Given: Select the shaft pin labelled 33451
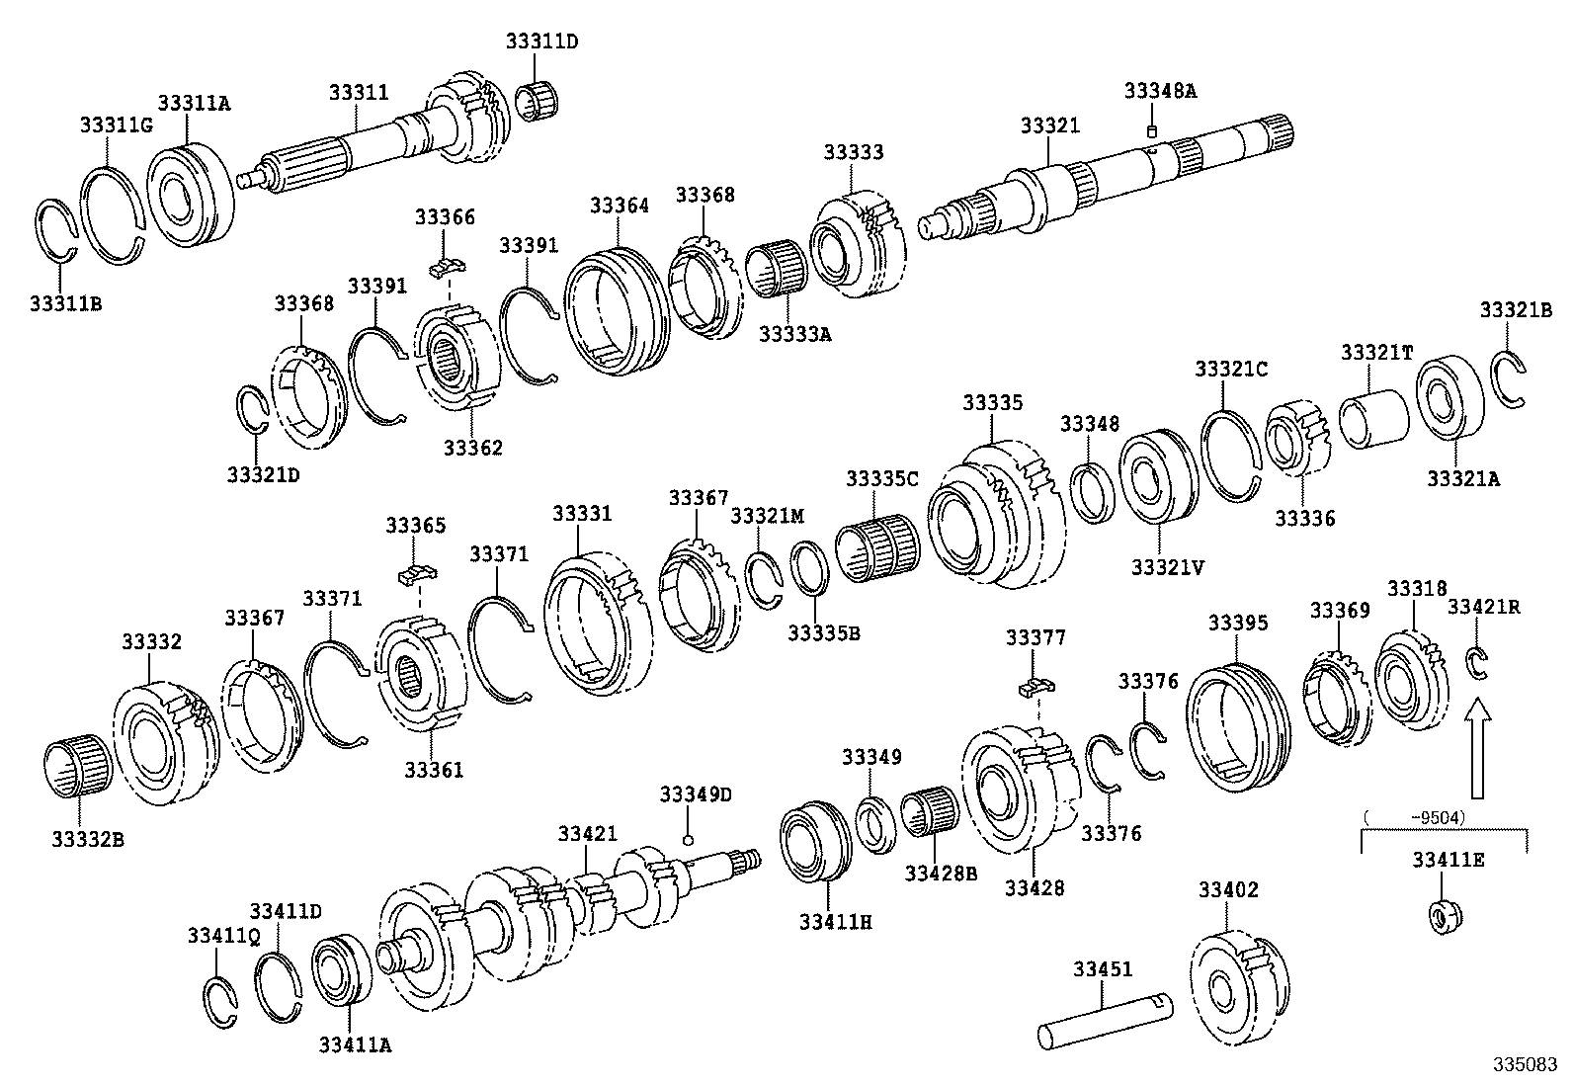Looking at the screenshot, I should [x=1105, y=1018].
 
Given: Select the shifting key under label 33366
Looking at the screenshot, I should [x=450, y=265].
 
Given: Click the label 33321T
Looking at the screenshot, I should [x=1376, y=353].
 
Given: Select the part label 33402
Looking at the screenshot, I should [x=1228, y=889].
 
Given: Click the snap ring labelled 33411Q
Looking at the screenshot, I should [x=222, y=1005].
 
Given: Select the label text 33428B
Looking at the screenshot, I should [x=941, y=873].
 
